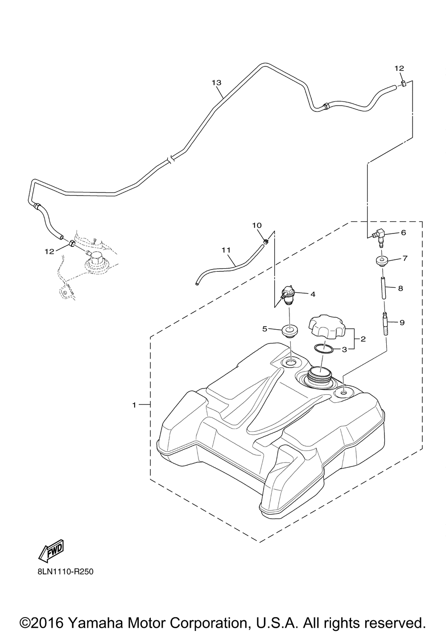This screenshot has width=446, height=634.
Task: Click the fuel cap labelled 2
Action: pos(327,328)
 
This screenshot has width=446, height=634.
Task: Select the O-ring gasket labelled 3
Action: pos(323,349)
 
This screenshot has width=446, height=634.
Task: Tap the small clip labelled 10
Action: pos(265,241)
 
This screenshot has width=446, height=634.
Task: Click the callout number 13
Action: pos(216,83)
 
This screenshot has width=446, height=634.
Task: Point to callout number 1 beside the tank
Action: pos(134,405)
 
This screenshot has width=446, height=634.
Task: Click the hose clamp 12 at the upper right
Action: pos(402,84)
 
